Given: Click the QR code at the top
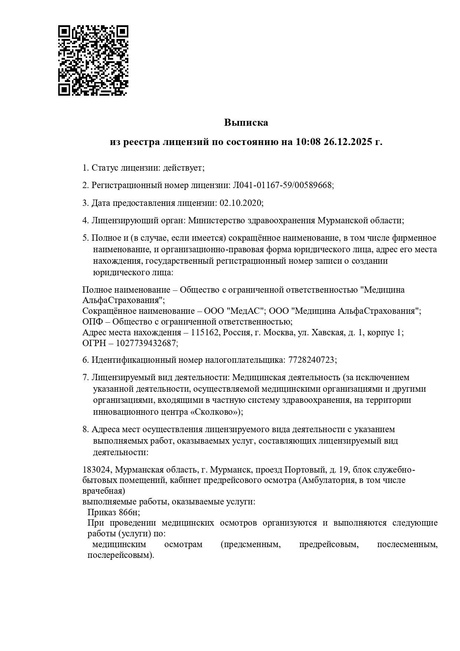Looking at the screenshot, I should (93, 60).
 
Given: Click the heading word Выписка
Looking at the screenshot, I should (246, 122).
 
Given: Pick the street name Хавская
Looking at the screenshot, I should (328, 332).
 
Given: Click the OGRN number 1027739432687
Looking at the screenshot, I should (146, 343).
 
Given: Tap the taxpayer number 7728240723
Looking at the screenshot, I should (311, 360).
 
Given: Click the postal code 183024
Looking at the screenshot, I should (96, 470).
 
